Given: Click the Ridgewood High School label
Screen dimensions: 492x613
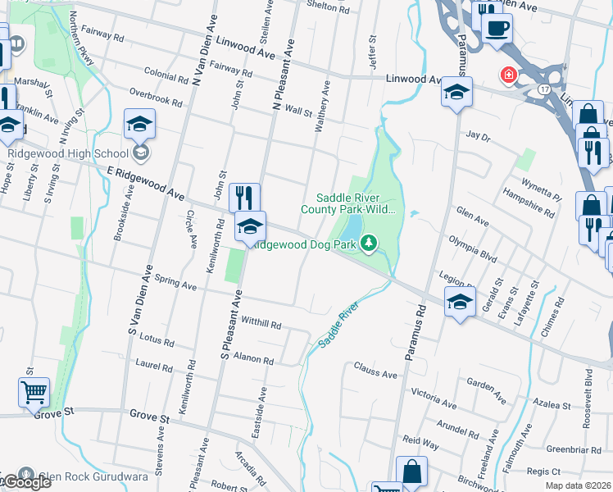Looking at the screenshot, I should (x=68, y=153).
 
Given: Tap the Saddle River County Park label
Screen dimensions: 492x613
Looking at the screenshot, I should (x=356, y=203).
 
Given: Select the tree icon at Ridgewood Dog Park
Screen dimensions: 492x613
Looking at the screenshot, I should (x=370, y=242).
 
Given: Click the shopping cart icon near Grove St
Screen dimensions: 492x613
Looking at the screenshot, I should (x=34, y=392).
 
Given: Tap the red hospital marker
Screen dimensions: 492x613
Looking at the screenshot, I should (x=509, y=75).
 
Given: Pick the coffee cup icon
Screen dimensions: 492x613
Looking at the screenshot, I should (x=496, y=28).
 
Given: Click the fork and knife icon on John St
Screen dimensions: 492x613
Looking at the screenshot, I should (x=244, y=198).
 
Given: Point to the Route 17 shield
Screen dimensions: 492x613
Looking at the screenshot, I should (x=544, y=86).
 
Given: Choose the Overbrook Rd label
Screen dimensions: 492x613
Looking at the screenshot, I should (x=155, y=99).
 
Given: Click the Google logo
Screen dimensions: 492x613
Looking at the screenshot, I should (x=26, y=482).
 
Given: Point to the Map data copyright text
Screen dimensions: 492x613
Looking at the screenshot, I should (x=579, y=485).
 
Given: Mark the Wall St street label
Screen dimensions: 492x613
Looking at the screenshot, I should (x=298, y=111).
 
